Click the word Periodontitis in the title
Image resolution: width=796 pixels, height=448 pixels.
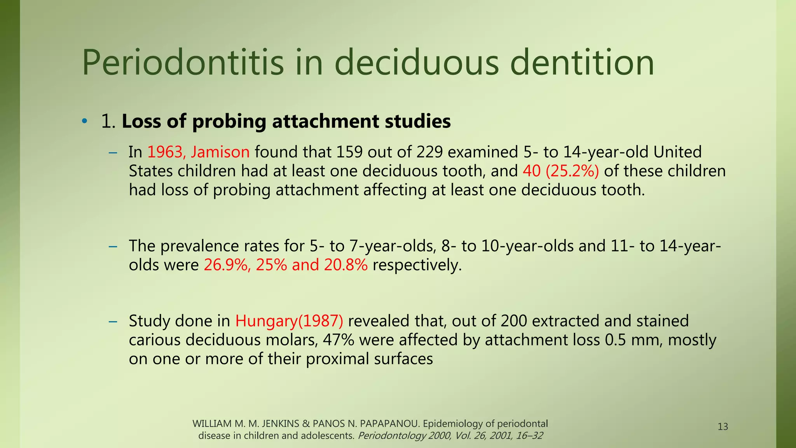pyautogui.click(x=183, y=63)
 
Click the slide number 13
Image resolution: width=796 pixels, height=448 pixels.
pyautogui.click(x=723, y=427)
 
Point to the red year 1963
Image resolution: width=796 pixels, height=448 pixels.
pyautogui.click(x=164, y=152)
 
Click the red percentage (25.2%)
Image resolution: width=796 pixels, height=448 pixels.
pyautogui.click(x=572, y=171)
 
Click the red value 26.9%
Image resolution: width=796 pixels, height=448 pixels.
pyautogui.click(x=226, y=265)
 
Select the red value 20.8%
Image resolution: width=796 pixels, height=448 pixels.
pyautogui.click(x=346, y=265)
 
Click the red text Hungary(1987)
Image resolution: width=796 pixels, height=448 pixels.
pyautogui.click(x=289, y=321)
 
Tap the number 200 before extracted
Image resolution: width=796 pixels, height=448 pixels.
pyautogui.click(x=513, y=321)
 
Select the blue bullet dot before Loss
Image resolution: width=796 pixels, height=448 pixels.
pyautogui.click(x=84, y=122)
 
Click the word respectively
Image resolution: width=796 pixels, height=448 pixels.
pyautogui.click(x=417, y=265)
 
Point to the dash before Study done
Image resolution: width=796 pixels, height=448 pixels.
pyautogui.click(x=113, y=322)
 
